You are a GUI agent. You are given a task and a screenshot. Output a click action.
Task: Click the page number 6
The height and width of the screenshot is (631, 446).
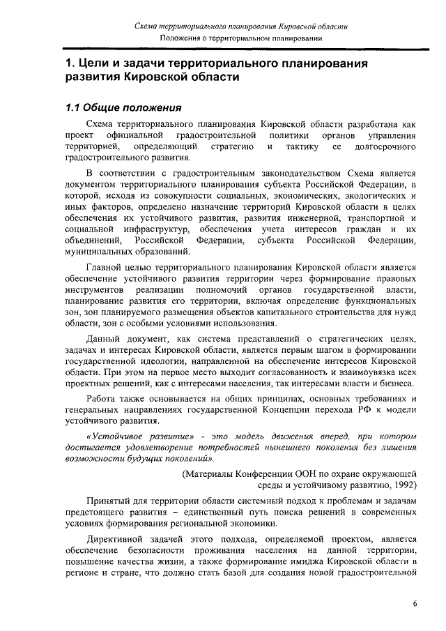click(x=414, y=604)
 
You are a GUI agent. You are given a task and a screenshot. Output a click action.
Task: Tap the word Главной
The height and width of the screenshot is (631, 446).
click(x=107, y=266)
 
